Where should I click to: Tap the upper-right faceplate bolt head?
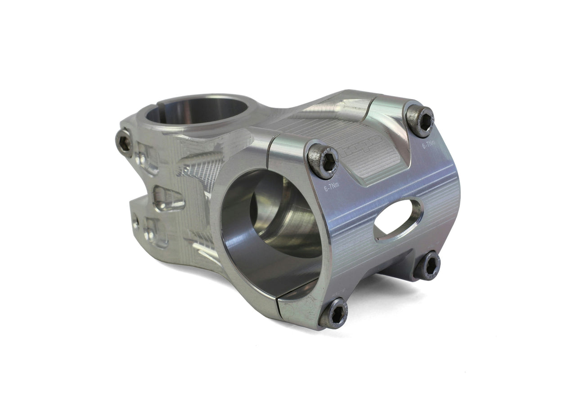420,119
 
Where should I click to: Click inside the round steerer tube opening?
198,110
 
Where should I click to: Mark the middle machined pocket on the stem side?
168,198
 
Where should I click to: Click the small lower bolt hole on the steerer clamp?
135,221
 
